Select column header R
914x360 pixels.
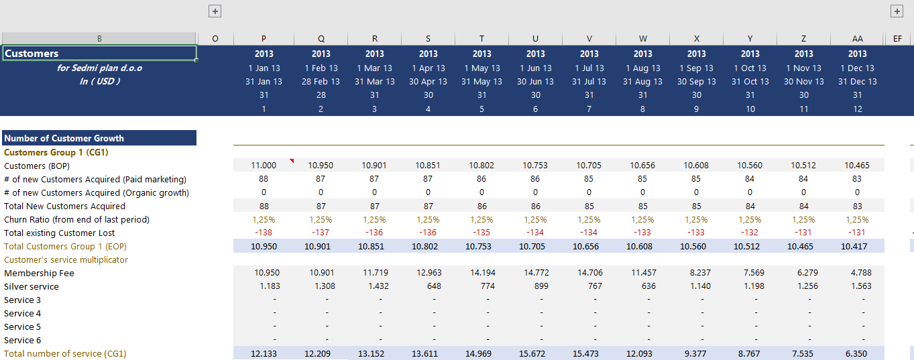pos(374,39)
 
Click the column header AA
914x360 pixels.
pos(857,39)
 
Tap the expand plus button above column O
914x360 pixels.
pos(215,11)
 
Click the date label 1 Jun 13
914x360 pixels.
pos(535,68)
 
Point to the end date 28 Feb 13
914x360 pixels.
pos(321,81)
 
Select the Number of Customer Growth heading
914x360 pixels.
pos(64,138)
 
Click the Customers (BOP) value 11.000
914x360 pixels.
pos(264,166)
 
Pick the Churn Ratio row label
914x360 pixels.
pos(76,219)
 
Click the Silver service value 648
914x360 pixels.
pos(428,286)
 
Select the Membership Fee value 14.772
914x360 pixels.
pos(535,273)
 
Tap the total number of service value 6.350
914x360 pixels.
pos(857,353)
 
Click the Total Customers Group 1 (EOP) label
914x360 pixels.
pos(65,246)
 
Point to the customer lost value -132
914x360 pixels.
pos(750,233)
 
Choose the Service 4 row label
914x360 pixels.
pos(23,313)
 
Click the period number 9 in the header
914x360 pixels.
pos(696,109)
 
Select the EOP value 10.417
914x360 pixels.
pos(857,246)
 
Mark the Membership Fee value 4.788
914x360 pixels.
pos(857,273)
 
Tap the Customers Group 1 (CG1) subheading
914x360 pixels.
pos(56,152)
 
